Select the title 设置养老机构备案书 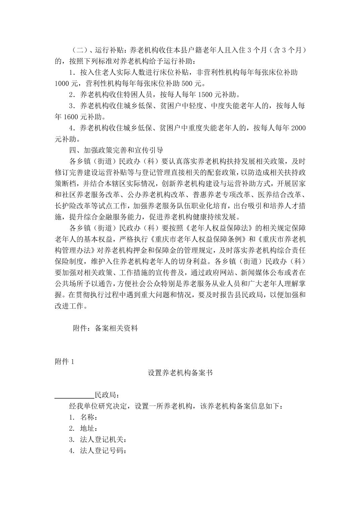(180, 373)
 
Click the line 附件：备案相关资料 (105, 328)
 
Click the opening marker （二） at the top (79, 50)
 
